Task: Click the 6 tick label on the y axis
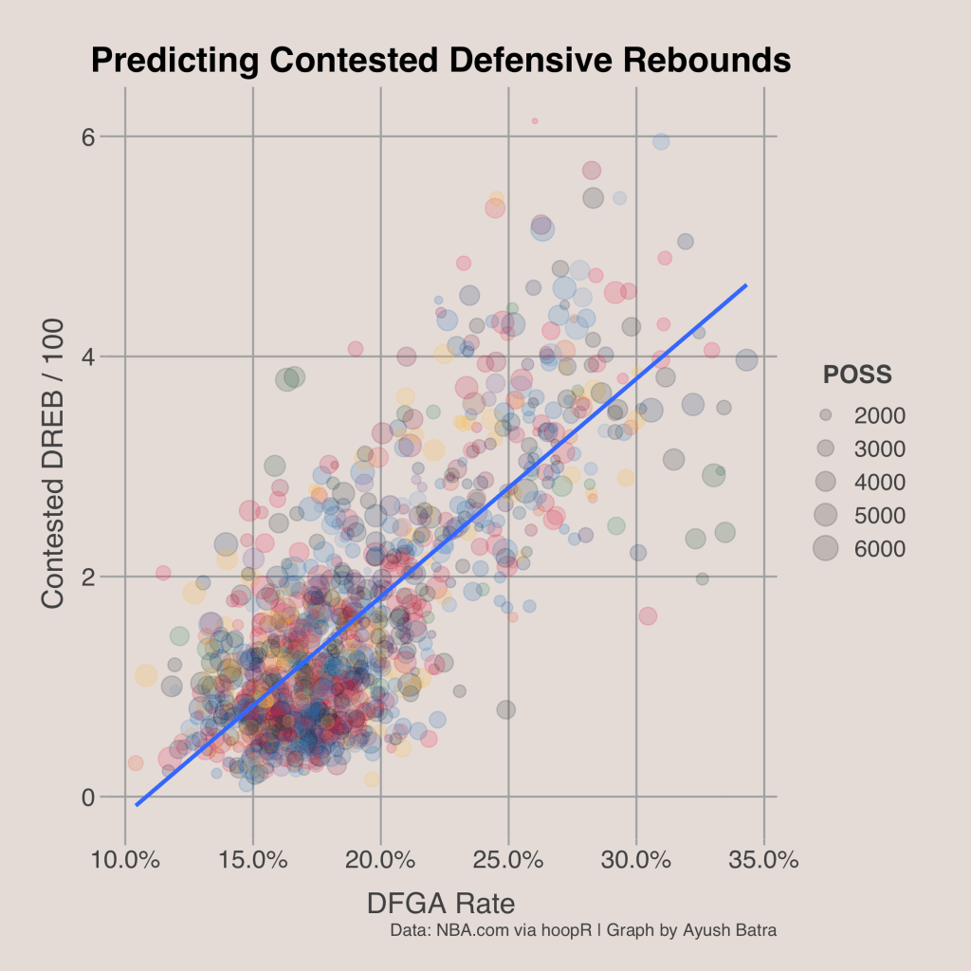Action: coord(89,137)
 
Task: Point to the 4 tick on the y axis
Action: coord(89,357)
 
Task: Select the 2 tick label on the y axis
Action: coord(89,577)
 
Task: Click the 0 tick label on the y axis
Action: coord(89,797)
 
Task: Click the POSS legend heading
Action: coord(857,375)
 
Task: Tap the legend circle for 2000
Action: coord(826,414)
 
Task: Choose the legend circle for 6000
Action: coord(826,548)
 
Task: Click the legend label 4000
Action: coord(878,482)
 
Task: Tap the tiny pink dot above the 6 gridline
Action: coord(535,120)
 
